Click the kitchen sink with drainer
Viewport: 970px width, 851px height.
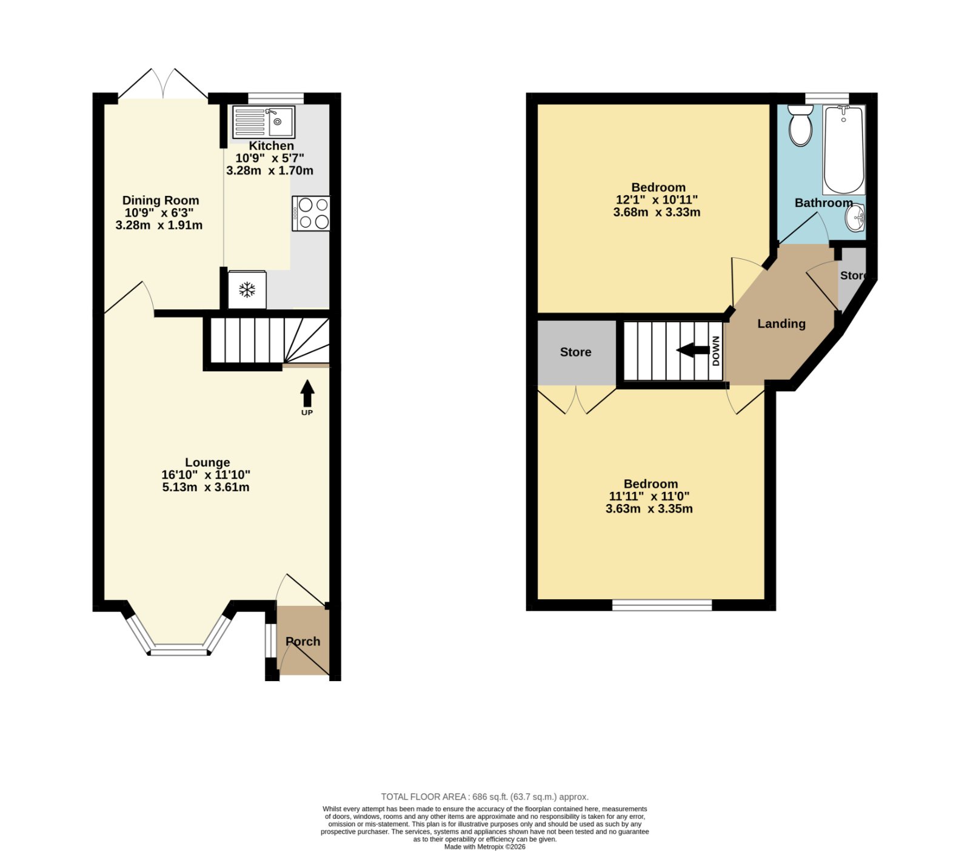[x=264, y=121]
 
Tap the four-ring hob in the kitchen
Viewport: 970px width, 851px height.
[x=311, y=214]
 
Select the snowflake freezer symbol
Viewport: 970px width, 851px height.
[x=247, y=290]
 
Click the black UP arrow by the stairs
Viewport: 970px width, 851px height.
[x=307, y=393]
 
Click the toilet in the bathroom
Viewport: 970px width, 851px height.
[x=800, y=125]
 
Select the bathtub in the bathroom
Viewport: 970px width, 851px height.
[x=844, y=150]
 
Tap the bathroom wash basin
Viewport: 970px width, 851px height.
[x=855, y=218]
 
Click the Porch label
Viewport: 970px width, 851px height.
[x=303, y=641]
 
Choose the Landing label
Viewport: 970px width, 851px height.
[x=781, y=324]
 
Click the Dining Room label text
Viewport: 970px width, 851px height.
[x=161, y=200]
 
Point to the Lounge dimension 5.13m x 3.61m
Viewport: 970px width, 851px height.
[x=206, y=487]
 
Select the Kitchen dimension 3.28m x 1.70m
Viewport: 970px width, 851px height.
[x=270, y=170]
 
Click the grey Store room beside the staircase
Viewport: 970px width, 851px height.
[x=577, y=352]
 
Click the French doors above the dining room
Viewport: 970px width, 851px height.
[x=162, y=84]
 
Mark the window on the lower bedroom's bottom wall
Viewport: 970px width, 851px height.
[x=661, y=605]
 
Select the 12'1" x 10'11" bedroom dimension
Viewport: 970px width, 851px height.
[x=657, y=200]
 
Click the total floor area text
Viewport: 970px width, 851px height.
[x=484, y=797]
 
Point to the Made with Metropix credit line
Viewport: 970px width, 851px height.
[x=485, y=847]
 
